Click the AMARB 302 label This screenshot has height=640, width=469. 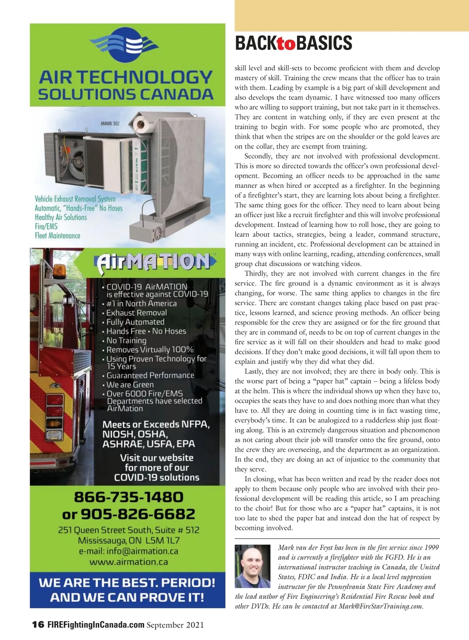[110, 124]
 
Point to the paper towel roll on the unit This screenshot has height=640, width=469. [140, 124]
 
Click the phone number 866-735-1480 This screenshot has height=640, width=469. [129, 497]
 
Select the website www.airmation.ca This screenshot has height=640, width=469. [129, 562]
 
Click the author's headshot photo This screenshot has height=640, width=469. [252, 566]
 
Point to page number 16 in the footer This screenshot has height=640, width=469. [38, 625]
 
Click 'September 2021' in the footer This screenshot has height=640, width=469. [175, 625]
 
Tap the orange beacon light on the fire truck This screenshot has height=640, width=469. [60, 270]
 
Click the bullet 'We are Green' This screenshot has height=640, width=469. [130, 385]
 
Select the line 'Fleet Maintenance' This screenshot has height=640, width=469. [57, 236]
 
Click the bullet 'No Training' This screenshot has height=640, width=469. [126, 340]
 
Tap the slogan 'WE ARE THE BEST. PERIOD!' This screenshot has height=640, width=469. [127, 583]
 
